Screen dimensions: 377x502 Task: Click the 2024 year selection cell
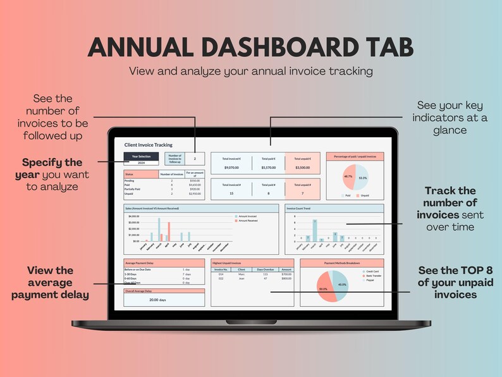[141, 162]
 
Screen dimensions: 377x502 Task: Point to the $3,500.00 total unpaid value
[303, 168]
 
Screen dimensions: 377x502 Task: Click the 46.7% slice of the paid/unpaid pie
[348, 177]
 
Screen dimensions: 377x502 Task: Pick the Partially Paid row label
[135, 188]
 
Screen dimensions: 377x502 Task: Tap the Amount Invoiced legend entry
[247, 216]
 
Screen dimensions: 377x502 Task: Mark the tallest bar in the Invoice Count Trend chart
[315, 230]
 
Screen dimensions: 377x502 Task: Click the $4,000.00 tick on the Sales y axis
[134, 216]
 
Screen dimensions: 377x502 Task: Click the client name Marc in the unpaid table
[241, 273]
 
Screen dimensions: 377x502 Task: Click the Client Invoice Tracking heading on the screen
[148, 145]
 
